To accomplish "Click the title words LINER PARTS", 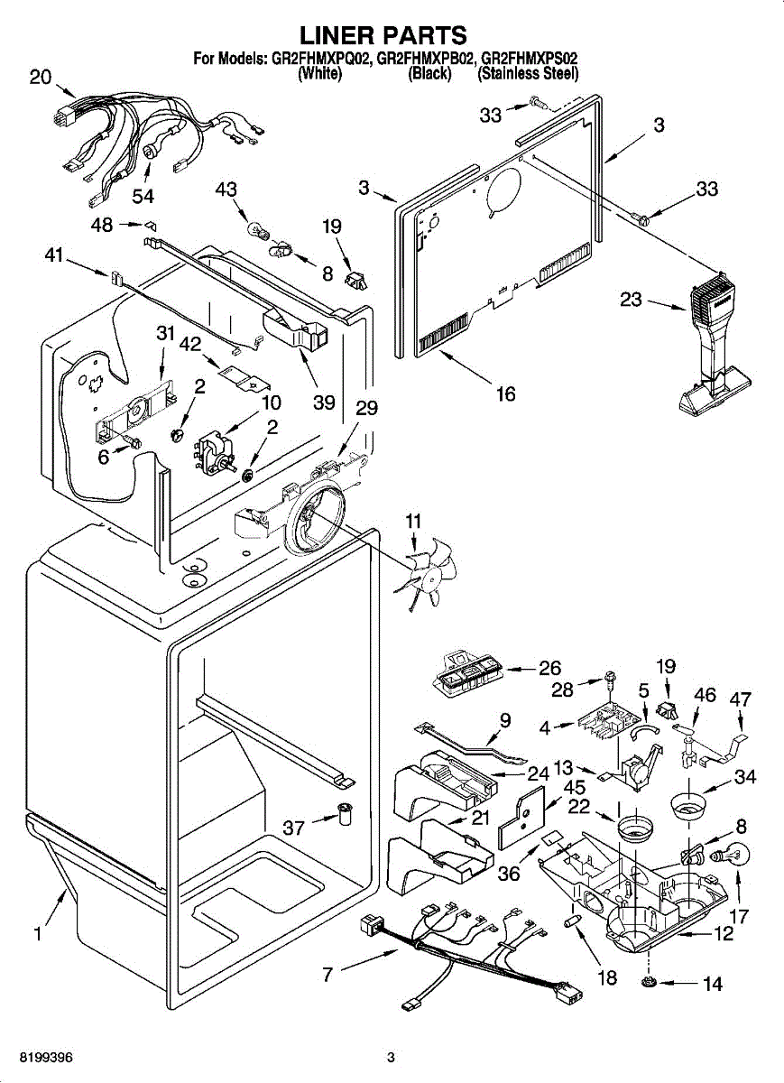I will pyautogui.click(x=383, y=35).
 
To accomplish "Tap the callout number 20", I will pyautogui.click(x=41, y=78).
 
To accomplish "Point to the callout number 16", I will pyautogui.click(x=506, y=393).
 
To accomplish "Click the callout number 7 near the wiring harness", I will pyautogui.click(x=327, y=974).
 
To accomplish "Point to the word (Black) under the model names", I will pyautogui.click(x=429, y=74).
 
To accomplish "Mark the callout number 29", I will pyautogui.click(x=365, y=407).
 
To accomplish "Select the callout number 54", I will pyautogui.click(x=142, y=195).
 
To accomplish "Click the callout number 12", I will pyautogui.click(x=724, y=935).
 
